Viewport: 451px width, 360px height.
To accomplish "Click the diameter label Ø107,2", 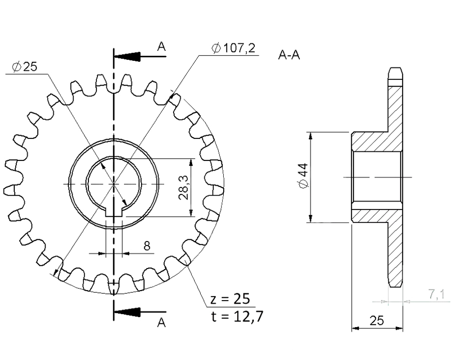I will tap(233, 48).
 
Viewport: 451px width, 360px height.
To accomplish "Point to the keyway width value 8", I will tap(147, 246).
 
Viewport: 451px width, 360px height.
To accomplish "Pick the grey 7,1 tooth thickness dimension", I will tap(436, 295).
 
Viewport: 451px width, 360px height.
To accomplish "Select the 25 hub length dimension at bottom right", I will tap(377, 321).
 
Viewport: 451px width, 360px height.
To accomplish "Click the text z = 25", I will tap(230, 299).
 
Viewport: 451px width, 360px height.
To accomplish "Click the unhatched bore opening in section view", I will tap(377, 178).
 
